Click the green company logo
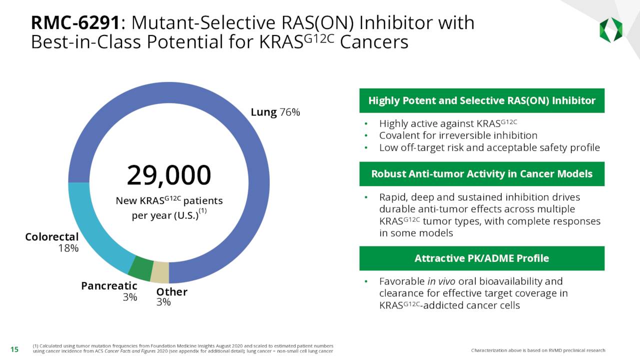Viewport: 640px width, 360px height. pos(610,30)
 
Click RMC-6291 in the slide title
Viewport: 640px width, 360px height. pos(75,23)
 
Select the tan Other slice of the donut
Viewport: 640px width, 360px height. pos(160,272)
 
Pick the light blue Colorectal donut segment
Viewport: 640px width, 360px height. pos(95,225)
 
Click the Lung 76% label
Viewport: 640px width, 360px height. pos(275,112)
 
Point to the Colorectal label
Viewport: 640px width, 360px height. pos(52,237)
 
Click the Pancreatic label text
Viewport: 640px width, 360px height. pos(109,285)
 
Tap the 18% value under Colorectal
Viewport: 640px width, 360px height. pos(68,248)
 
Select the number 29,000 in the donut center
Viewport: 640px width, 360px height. pos(169,175)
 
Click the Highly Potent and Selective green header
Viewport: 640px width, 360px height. pos(481,100)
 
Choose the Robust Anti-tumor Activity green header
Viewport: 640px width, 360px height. pos(481,174)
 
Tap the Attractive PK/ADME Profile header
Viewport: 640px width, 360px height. pos(481,258)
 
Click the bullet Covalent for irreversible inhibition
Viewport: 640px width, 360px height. pos(458,135)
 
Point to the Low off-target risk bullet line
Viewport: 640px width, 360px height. pos(489,147)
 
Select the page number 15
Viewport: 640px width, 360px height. pos(14,349)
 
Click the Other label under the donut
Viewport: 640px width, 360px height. pos(171,292)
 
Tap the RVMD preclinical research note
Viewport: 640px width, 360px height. pos(538,350)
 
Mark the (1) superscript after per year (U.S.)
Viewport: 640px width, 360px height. pos(202,211)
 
